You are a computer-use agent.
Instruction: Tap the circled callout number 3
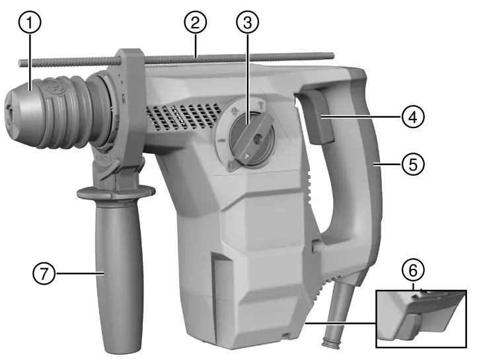[x=245, y=23]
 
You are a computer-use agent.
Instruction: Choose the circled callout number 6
[x=414, y=271]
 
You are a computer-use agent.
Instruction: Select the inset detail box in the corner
[x=420, y=318]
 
